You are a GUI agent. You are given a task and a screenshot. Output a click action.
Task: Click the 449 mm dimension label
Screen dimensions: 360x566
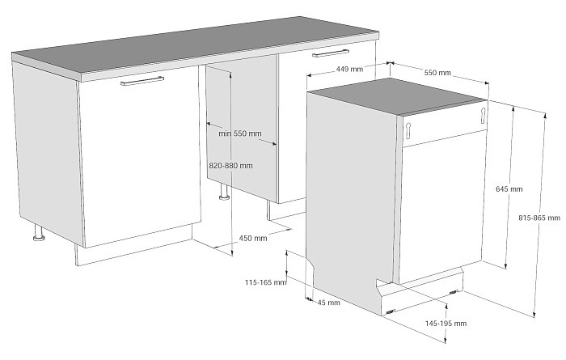(x=350, y=70)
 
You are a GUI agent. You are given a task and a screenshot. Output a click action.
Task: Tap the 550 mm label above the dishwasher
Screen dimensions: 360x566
(x=437, y=73)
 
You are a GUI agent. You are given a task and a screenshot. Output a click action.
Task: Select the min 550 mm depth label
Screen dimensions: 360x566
(x=240, y=133)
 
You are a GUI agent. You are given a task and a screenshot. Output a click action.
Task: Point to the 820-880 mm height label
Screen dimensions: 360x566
(x=230, y=165)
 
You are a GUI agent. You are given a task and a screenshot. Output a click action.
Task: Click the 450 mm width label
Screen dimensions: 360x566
(x=253, y=238)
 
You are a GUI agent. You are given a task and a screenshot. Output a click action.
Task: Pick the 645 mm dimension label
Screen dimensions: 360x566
(x=509, y=189)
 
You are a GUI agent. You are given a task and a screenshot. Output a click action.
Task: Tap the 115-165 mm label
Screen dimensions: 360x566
(x=265, y=282)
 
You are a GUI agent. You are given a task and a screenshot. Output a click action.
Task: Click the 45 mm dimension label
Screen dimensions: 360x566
(x=328, y=303)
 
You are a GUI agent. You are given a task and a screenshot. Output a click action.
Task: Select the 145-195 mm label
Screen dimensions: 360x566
(x=446, y=323)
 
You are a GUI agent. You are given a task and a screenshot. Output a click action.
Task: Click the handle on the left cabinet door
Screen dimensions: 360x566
(x=141, y=81)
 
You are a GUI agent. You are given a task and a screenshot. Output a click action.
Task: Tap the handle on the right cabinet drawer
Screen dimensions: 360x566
(x=331, y=53)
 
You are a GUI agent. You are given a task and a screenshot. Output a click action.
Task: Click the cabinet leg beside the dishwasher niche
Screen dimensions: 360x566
(x=224, y=193)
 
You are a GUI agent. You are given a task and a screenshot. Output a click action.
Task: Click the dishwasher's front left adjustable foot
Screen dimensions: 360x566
(x=391, y=311)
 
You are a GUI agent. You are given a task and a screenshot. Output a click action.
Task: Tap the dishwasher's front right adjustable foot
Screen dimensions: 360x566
(x=458, y=291)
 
